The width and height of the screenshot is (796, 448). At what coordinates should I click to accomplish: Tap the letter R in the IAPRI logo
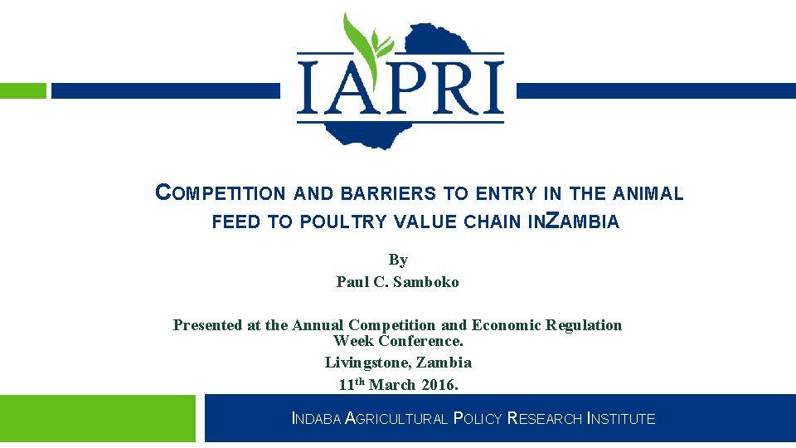454,84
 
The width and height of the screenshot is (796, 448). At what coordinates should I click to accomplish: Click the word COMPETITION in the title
221,194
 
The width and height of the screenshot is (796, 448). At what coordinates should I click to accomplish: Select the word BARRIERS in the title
400,194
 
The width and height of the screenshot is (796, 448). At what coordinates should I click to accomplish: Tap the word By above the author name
398,260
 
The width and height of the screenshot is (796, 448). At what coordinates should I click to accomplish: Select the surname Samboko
426,282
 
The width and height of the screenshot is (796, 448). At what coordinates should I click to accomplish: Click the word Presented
208,325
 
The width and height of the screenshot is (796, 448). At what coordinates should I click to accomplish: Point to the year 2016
439,385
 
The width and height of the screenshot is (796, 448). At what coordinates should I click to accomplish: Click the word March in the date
393,385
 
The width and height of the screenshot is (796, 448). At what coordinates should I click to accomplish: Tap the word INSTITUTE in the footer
621,420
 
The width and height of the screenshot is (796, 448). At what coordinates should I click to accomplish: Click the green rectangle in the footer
98,418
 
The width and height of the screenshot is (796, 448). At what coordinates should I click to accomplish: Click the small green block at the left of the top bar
23,90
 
